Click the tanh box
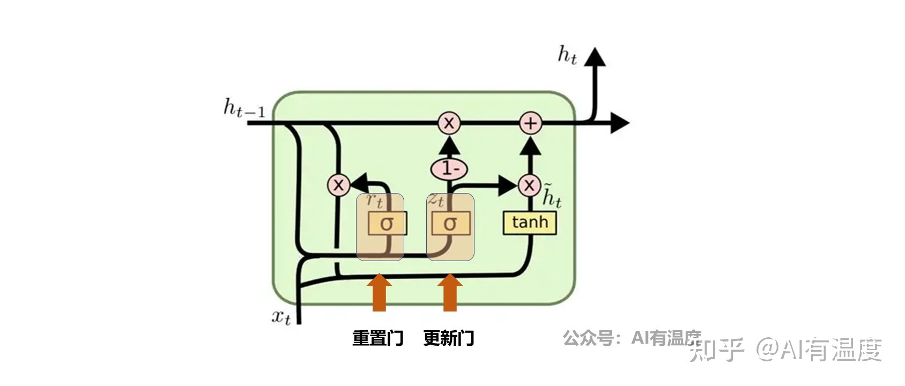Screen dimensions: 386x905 [x=530, y=222]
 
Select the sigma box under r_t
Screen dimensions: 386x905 [x=387, y=223]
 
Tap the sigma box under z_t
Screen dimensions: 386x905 [x=450, y=223]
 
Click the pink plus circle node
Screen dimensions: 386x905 [x=530, y=123]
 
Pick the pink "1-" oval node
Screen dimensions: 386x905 [x=449, y=169]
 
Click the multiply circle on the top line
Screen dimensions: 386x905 [x=449, y=123]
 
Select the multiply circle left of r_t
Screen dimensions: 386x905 [x=338, y=185]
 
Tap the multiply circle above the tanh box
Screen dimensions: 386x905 [x=529, y=185]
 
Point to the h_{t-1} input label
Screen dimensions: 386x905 [x=244, y=108]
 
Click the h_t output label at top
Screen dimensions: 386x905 [x=567, y=55]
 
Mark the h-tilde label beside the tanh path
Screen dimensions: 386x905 [x=551, y=196]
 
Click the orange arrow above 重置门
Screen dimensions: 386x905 [x=379, y=293]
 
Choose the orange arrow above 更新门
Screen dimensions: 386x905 [x=450, y=293]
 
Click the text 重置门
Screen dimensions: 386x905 [x=377, y=338]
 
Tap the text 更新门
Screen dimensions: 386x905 [x=449, y=338]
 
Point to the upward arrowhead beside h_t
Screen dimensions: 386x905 [x=595, y=57]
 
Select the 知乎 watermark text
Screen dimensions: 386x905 [x=717, y=350]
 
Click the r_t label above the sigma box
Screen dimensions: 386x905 [x=374, y=201]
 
